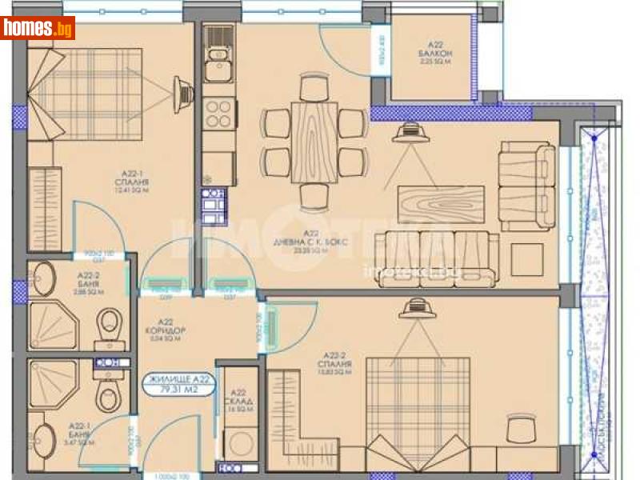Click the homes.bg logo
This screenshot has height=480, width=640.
click(x=38, y=28)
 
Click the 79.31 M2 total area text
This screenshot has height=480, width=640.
click(x=178, y=390)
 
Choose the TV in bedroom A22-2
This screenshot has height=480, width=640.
click(x=415, y=306)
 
